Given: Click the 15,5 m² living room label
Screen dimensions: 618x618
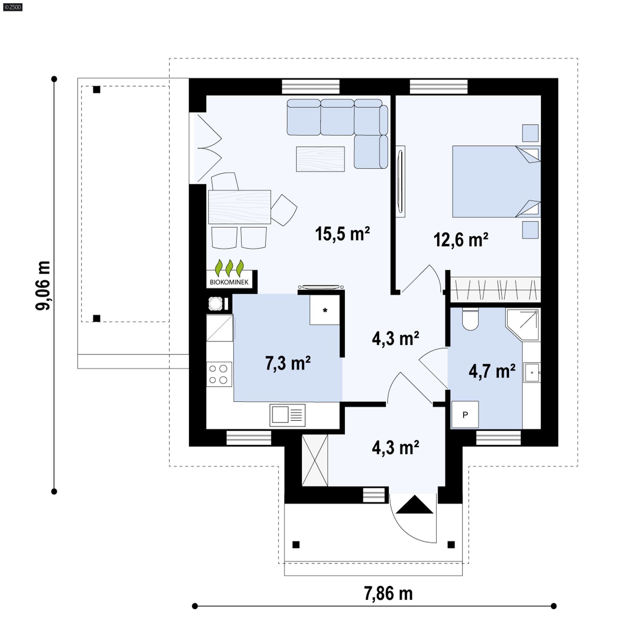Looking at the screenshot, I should [342, 234].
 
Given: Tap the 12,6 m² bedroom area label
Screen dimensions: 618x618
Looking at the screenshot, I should [461, 240].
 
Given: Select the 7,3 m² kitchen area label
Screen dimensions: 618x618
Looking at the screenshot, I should [288, 363].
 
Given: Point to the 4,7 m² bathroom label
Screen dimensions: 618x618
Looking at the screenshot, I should [492, 371].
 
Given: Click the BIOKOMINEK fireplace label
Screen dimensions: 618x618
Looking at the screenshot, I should [229, 282].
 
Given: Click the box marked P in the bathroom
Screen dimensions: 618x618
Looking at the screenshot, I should [465, 415].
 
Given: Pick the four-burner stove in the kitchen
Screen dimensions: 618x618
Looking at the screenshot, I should [219, 374].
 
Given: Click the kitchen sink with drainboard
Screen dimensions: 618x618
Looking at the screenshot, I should [287, 415].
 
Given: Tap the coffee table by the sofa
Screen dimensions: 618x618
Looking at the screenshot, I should [320, 159].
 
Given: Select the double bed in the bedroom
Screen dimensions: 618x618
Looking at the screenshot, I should [496, 182].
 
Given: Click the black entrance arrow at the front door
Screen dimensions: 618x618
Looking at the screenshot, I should [415, 504].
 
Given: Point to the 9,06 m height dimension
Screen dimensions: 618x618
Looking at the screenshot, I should [43, 285].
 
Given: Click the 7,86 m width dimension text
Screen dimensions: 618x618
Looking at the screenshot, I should [388, 593].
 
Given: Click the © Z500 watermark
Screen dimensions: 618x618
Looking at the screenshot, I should [13, 7].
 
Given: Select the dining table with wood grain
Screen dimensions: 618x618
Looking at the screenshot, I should [239, 207].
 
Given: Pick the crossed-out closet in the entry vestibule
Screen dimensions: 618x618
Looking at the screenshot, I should [315, 460].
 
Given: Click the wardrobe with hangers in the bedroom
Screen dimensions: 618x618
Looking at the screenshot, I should [495, 290].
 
